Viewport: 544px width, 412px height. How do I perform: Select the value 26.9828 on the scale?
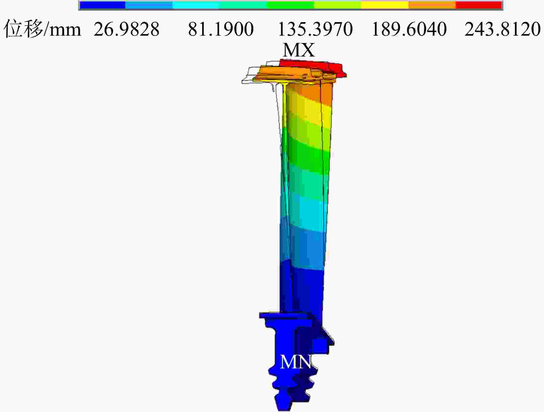pos(126,29)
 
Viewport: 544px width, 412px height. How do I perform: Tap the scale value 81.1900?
pos(221,29)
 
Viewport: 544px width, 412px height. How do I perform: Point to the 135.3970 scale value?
pos(315,29)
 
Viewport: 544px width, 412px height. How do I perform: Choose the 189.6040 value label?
pos(409,29)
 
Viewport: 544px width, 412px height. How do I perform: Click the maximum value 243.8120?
pos(503,29)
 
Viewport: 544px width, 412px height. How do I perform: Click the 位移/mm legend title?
pos(42,29)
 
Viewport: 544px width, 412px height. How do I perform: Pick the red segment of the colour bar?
pos(479,5)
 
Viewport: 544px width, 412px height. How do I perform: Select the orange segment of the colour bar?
pos(432,5)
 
